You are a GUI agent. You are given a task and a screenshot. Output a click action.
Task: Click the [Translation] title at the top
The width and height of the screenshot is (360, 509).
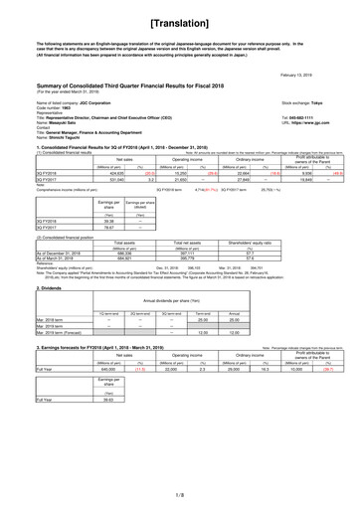(x=180, y=21)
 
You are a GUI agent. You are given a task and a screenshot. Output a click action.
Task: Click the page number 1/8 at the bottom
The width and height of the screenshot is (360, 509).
(x=180, y=492)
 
